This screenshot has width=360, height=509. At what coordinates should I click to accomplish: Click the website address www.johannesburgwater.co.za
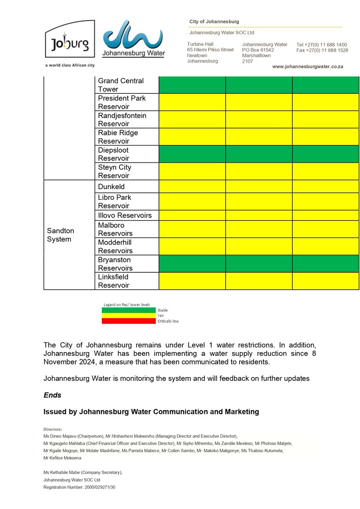(x=307, y=67)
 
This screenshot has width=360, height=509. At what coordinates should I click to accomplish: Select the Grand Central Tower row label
(x=121, y=85)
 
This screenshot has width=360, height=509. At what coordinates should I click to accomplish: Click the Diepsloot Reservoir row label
(x=113, y=154)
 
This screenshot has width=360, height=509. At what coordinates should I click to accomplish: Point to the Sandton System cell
(x=61, y=235)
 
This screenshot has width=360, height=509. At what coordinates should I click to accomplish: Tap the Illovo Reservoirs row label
(x=125, y=215)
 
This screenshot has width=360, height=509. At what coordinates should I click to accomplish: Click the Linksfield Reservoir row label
(x=114, y=281)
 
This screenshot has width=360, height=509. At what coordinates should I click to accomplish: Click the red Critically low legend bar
(x=128, y=321)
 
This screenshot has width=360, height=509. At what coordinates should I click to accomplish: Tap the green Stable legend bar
(x=128, y=310)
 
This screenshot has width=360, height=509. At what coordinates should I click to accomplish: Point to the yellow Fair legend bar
(x=128, y=316)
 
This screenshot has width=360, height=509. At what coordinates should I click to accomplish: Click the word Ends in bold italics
(x=53, y=395)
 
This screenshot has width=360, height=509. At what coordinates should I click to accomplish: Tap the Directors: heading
(x=53, y=429)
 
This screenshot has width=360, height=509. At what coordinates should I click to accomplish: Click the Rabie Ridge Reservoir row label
(x=118, y=137)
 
